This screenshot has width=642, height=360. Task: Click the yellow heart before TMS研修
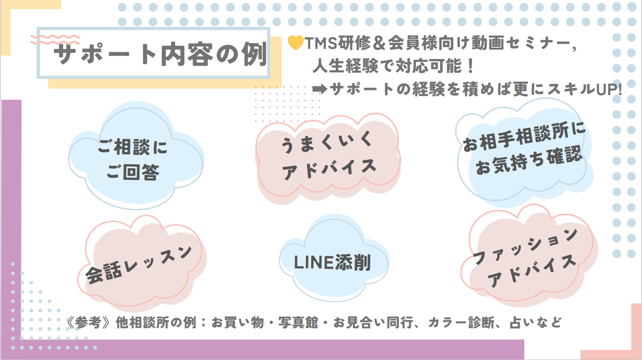pos(295,42)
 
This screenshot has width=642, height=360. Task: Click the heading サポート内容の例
pos(159,56)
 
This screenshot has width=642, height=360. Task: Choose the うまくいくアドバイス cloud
pos(328,156)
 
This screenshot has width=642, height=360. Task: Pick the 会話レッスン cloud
pos(140,264)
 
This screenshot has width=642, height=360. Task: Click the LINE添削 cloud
pos(332,263)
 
